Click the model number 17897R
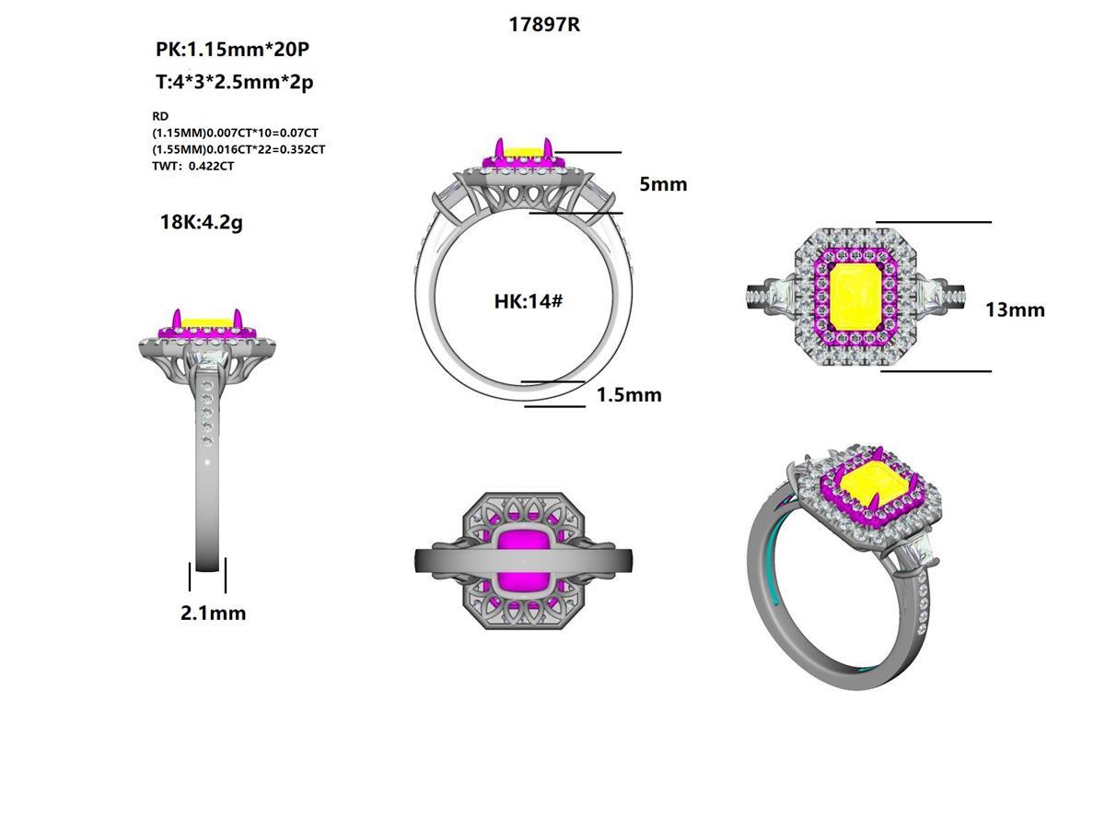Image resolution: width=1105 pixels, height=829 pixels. (x=544, y=25)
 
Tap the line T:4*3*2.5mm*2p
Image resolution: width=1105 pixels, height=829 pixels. (x=234, y=82)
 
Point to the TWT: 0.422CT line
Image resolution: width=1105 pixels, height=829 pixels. (x=192, y=167)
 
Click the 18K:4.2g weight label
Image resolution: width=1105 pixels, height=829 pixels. (x=201, y=222)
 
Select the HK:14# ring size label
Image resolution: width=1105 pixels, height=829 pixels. (x=528, y=301)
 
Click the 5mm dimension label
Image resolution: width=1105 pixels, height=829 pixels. (x=663, y=184)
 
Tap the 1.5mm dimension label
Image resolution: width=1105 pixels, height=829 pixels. (x=629, y=395)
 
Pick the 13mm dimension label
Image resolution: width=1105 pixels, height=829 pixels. (x=1015, y=309)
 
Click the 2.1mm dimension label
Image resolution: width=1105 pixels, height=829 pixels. (x=213, y=613)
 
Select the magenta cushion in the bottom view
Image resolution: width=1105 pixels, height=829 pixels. (x=523, y=560)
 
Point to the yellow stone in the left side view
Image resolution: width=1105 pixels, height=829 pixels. (x=205, y=322)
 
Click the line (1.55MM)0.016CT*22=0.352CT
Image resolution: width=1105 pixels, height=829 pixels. (x=238, y=149)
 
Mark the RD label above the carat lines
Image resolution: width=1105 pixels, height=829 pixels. (x=160, y=117)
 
